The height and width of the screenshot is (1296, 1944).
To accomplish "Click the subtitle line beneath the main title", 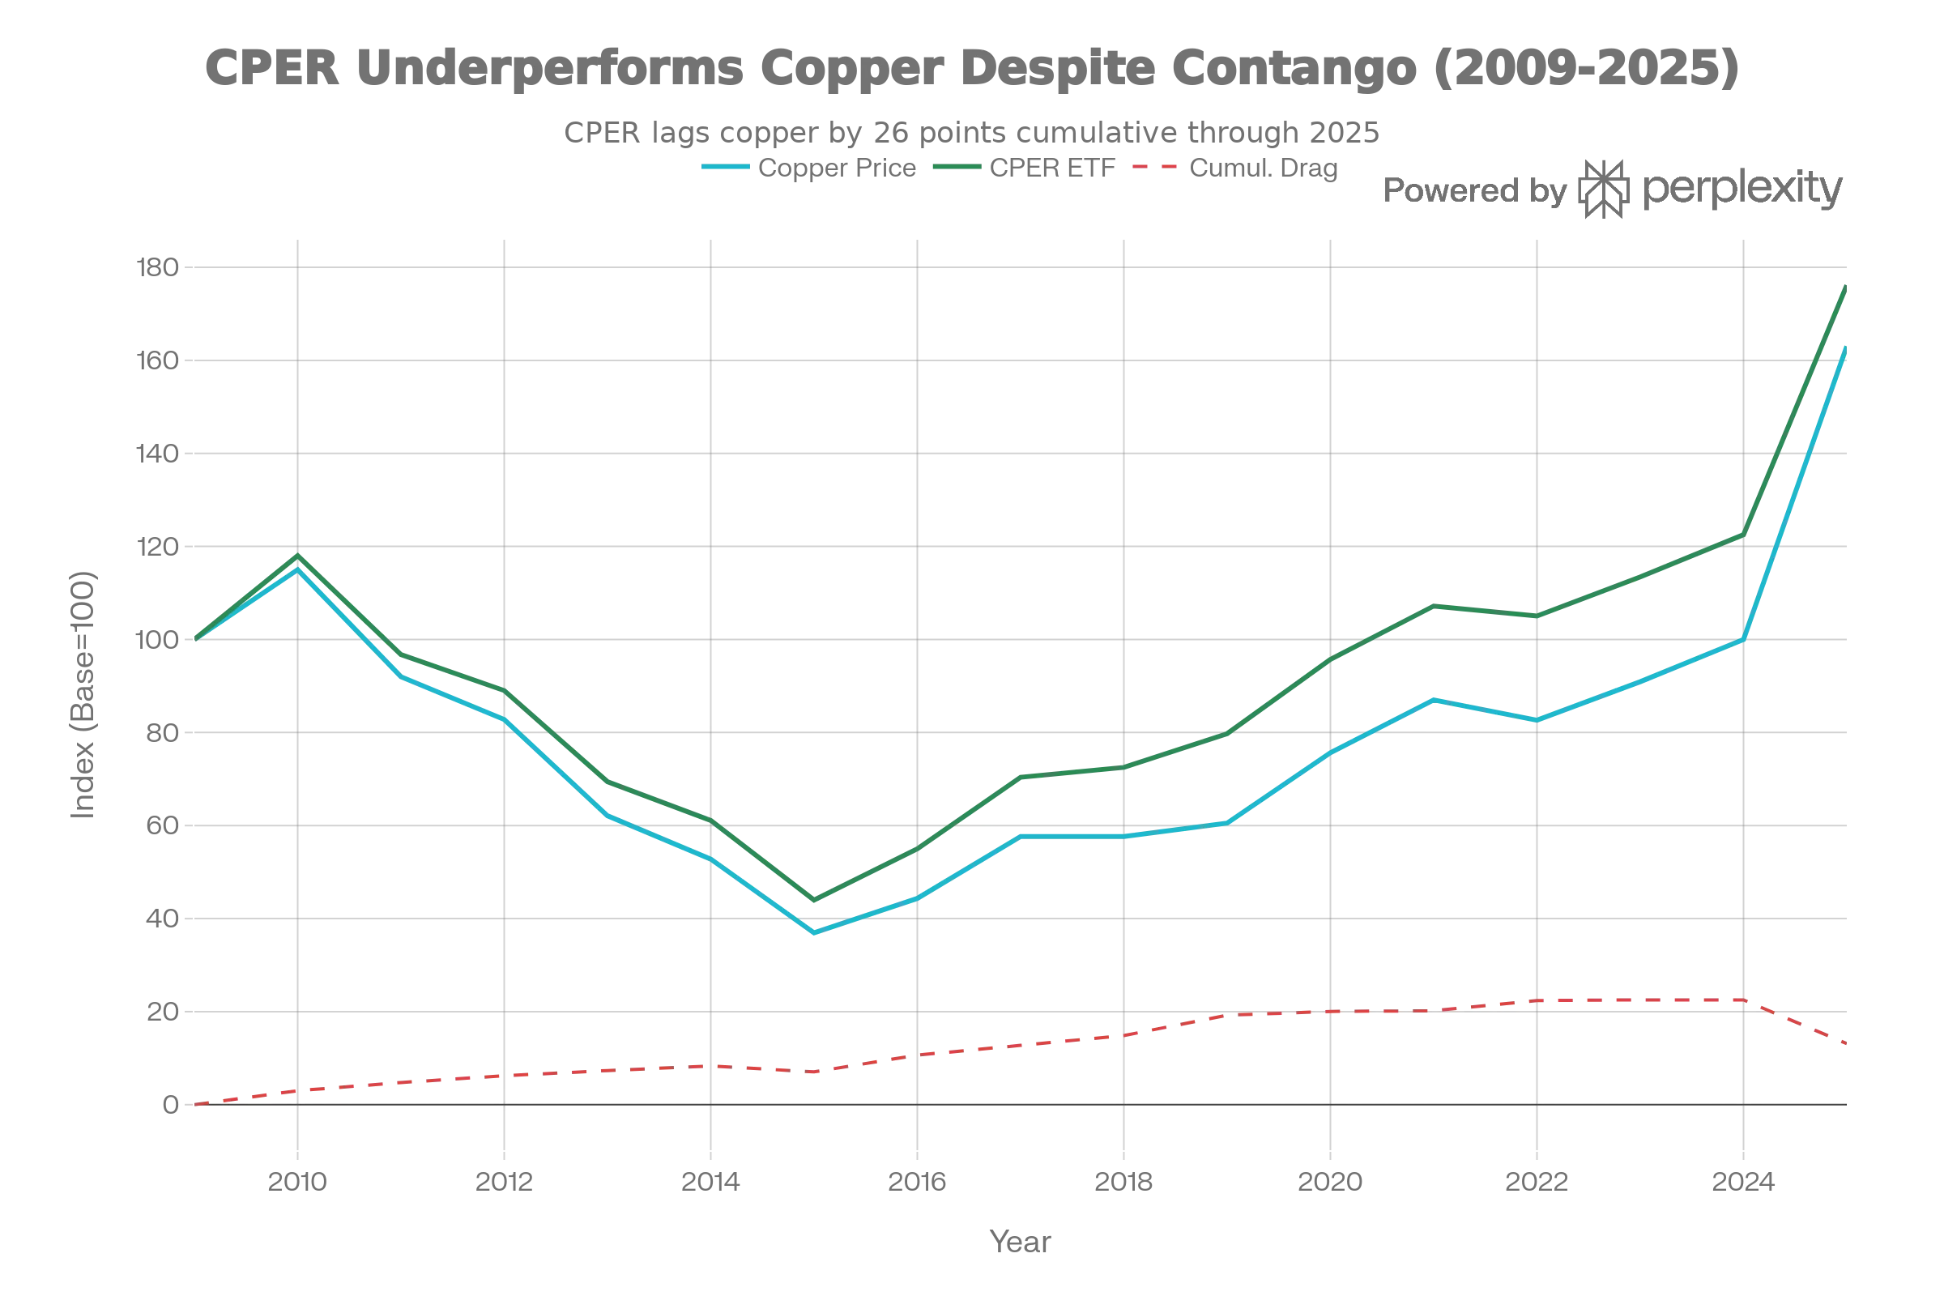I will coord(970,130).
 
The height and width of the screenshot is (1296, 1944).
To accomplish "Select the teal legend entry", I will coord(810,170).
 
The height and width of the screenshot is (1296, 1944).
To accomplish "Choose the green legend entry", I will coord(1025,170).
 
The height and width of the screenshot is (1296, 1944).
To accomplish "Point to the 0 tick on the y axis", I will coord(170,1105).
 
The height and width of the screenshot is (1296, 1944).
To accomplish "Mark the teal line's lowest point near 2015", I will coord(815,932).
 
